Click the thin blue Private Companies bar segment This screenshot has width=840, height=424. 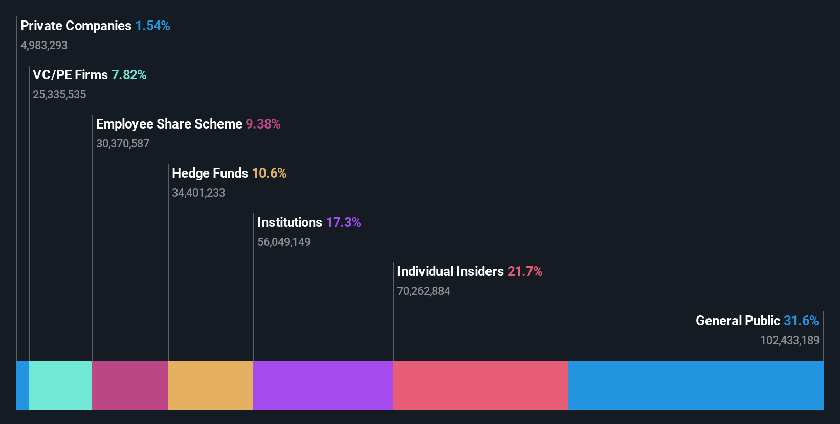[23, 385]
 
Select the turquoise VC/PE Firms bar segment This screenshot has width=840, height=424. [60, 385]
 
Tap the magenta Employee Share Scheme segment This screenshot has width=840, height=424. [130, 385]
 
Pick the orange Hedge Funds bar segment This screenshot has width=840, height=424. [210, 385]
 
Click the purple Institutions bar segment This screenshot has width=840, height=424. [323, 385]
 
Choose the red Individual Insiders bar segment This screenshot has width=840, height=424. [480, 385]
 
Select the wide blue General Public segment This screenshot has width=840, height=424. [696, 385]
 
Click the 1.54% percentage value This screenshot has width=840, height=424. [152, 26]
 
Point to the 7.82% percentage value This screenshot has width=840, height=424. [129, 75]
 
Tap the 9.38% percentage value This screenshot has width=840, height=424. [263, 124]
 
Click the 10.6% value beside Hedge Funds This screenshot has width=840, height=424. [269, 173]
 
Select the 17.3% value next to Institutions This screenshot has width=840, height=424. [343, 222]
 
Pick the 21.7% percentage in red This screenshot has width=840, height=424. [525, 271]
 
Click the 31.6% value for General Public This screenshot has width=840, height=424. [801, 321]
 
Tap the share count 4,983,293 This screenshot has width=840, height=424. [44, 45]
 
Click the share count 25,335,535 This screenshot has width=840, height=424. [59, 94]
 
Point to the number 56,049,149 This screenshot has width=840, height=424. [284, 242]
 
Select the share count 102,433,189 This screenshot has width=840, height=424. [789, 340]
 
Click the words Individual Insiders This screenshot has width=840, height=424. [450, 271]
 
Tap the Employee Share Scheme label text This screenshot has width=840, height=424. [169, 124]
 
